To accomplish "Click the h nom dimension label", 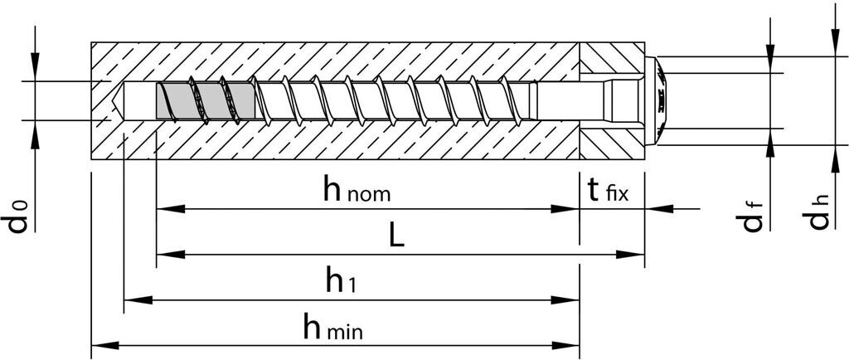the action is [x=357, y=192].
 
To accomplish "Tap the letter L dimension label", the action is [x=396, y=237].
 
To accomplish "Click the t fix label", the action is [x=609, y=192].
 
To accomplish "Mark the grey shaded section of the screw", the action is [x=203, y=100].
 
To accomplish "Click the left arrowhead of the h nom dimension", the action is [x=164, y=209].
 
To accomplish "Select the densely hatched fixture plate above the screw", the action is [x=612, y=58].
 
